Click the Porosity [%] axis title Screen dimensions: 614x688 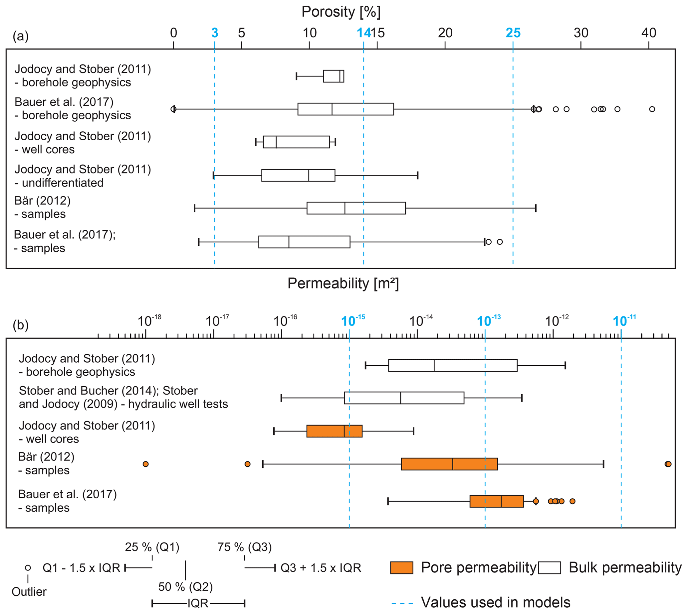tap(341, 12)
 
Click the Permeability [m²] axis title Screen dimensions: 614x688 tap(343, 284)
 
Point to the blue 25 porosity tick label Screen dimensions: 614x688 tap(513, 33)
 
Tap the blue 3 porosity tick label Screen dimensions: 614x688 tap(214, 33)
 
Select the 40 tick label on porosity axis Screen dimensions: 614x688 tap(648, 33)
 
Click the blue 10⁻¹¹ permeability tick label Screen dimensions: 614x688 tap(624, 321)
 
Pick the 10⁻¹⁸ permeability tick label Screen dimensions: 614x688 tap(149, 321)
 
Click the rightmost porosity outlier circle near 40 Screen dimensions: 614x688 tap(652, 109)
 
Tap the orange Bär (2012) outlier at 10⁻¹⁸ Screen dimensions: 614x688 tap(145, 464)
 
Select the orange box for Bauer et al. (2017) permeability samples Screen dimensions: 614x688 tap(496, 501)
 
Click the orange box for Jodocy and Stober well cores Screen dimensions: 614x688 tap(334, 431)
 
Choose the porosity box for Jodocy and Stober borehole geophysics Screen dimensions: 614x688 tap(334, 76)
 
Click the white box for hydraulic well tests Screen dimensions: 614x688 tap(404, 398)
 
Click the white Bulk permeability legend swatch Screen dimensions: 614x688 tap(549, 568)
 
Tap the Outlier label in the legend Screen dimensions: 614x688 tap(29, 592)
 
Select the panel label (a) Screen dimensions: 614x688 tap(21, 36)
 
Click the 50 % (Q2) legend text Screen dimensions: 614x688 tap(185, 587)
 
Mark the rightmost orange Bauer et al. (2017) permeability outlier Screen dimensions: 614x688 tap(572, 501)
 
